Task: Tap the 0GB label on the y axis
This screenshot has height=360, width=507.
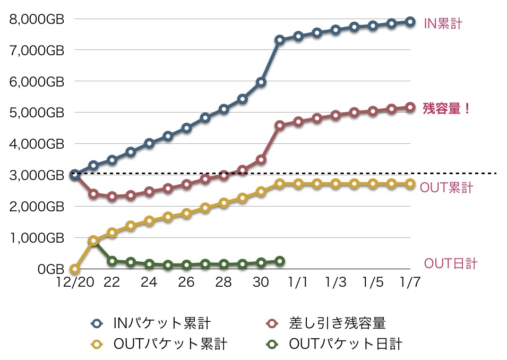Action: [51, 269]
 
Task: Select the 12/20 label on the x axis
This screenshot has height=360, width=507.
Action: [74, 282]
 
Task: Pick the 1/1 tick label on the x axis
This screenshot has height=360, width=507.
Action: [298, 282]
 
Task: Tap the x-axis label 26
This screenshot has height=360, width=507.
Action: [186, 282]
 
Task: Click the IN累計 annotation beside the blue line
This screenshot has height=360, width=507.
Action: [443, 24]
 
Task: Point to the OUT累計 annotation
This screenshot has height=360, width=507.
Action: [446, 188]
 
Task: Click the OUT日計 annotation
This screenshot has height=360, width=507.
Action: [450, 264]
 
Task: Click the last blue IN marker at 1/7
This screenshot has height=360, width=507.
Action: [410, 22]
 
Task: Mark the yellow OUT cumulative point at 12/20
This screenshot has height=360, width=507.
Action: [75, 269]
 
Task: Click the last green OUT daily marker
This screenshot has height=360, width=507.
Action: [280, 261]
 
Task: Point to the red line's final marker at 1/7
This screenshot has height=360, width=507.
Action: [410, 107]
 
